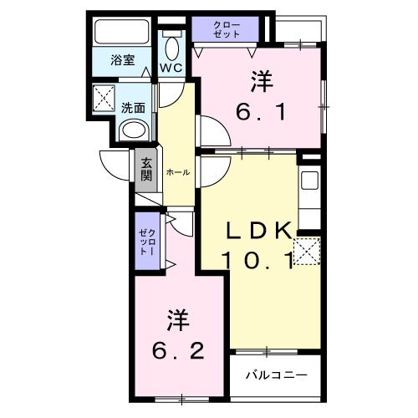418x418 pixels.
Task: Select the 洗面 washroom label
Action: tap(134, 107)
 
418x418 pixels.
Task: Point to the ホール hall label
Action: tap(177, 171)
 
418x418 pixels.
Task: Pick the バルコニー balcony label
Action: tap(276, 375)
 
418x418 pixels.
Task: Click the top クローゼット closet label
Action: tap(226, 29)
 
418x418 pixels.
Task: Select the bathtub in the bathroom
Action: tap(122, 33)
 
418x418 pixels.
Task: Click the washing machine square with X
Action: tap(105, 98)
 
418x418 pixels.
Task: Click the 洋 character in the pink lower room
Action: tap(178, 319)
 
